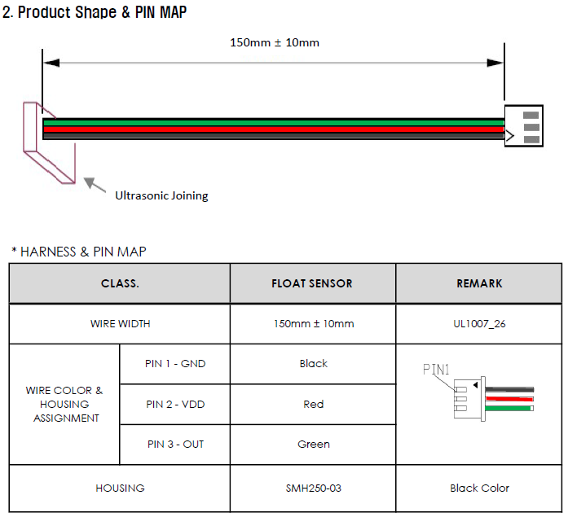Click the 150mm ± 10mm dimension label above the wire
point(275,42)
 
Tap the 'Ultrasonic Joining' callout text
point(161,195)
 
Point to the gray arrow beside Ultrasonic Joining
point(96,186)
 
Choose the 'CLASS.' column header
point(120,283)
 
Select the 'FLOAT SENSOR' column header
point(312,283)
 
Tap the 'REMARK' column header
point(479,283)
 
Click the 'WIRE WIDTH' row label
point(120,323)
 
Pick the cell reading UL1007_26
point(479,323)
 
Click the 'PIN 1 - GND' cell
point(175,364)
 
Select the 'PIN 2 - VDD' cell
point(175,404)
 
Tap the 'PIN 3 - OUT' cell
point(175,445)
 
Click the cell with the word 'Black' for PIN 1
point(313,364)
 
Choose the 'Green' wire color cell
point(313,445)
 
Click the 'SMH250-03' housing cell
point(313,489)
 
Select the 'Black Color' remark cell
point(479,489)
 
